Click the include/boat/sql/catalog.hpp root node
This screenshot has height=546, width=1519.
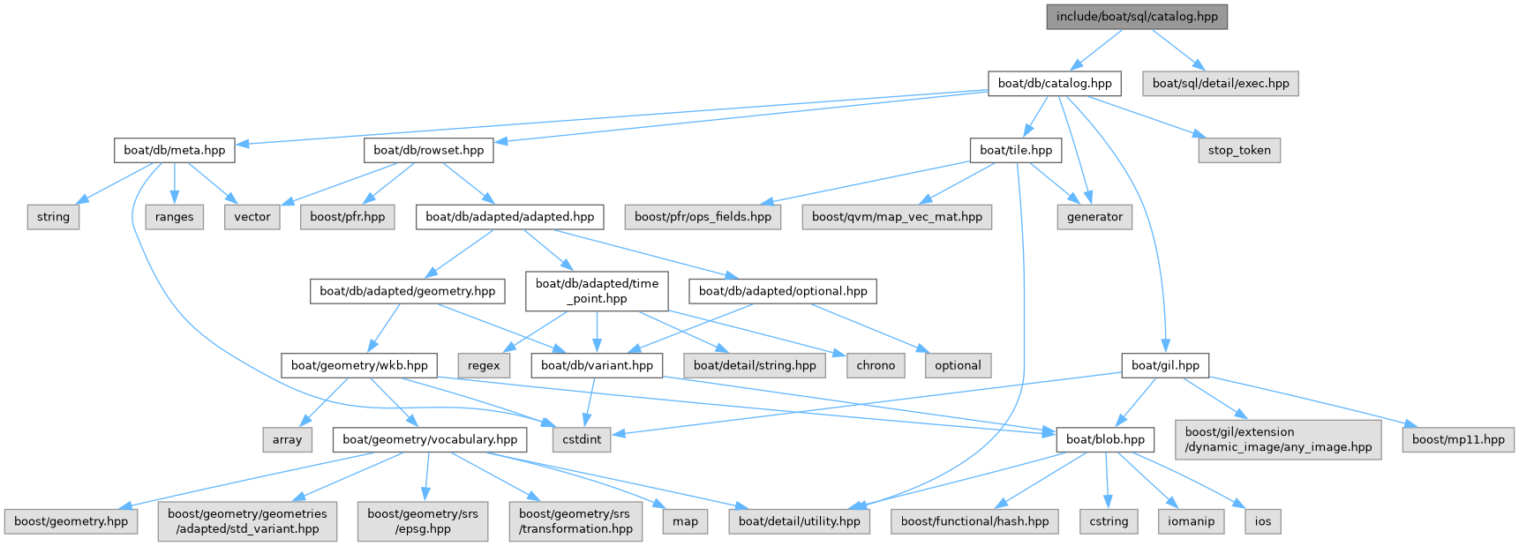point(1137,17)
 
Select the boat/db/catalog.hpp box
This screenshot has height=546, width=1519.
point(1055,84)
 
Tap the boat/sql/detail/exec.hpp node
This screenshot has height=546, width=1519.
point(1221,84)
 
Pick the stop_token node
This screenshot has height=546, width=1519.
point(1239,150)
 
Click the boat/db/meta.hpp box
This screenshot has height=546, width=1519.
point(175,150)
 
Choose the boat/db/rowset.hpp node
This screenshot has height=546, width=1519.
point(429,150)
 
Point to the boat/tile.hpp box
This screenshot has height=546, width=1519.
point(1016,150)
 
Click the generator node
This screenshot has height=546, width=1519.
point(1094,217)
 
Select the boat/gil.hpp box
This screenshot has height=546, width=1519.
point(1165,365)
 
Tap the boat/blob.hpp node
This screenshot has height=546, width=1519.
point(1105,439)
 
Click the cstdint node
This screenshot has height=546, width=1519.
point(582,439)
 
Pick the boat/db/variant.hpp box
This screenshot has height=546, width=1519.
point(597,365)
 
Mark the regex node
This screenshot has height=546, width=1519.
point(484,365)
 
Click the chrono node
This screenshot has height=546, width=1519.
point(876,365)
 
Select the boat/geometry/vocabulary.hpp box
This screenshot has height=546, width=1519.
point(430,439)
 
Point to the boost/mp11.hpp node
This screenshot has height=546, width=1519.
point(1458,439)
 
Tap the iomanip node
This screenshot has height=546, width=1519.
point(1191,521)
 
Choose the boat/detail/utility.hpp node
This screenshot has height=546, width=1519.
point(800,521)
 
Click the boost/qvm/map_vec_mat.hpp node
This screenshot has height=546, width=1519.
point(897,217)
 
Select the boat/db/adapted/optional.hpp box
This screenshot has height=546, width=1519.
point(783,291)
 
